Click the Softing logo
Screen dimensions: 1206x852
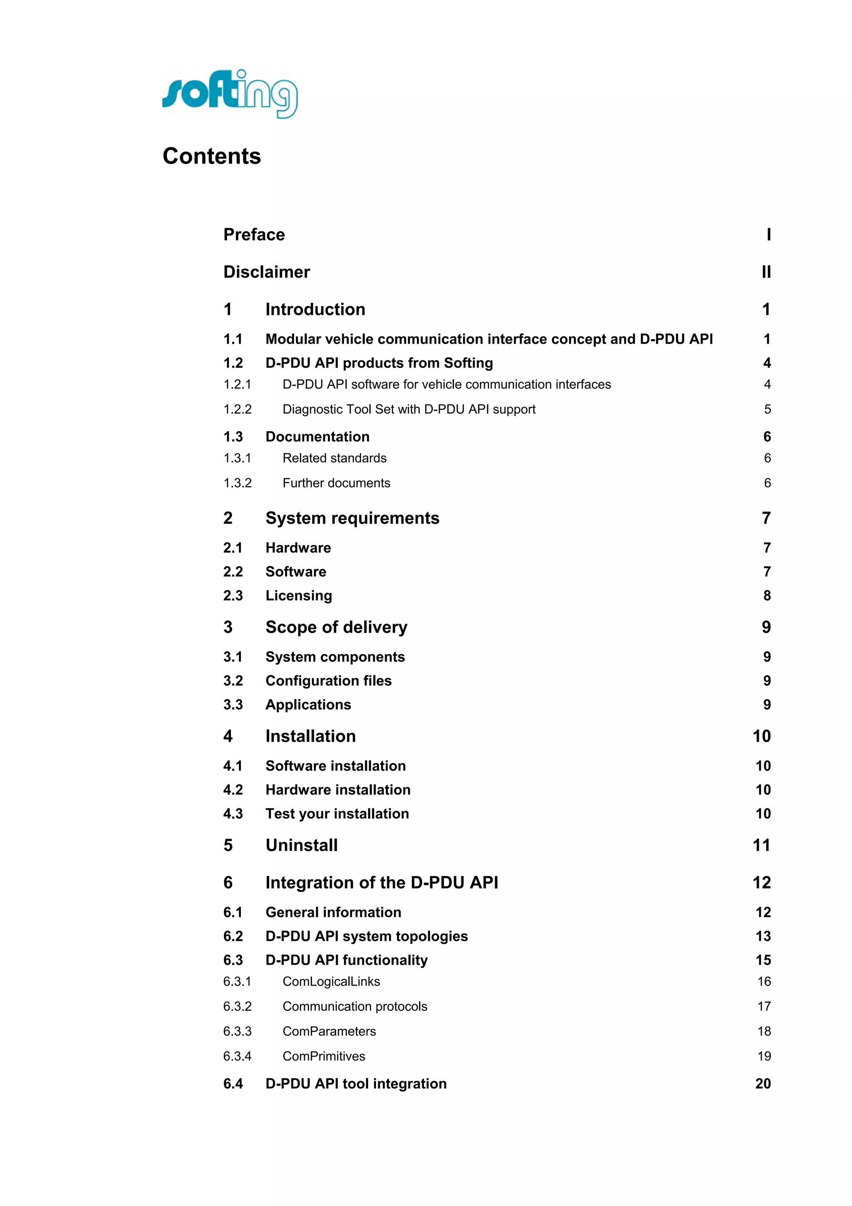tap(230, 94)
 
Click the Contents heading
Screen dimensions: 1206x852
tap(212, 156)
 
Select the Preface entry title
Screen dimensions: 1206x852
tap(254, 234)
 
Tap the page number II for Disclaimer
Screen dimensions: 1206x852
tap(766, 272)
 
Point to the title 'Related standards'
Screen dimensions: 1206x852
tap(334, 458)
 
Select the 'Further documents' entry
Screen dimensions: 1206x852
tap(337, 483)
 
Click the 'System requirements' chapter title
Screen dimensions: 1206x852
tap(352, 518)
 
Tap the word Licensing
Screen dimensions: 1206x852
tap(299, 595)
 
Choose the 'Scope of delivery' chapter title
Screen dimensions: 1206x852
tap(337, 627)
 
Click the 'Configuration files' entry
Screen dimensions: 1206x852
tap(329, 681)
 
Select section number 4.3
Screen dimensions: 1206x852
tap(233, 814)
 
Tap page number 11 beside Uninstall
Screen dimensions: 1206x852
tap(762, 845)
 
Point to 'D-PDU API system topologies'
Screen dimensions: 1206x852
tap(367, 936)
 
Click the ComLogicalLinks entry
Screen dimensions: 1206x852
tap(331, 981)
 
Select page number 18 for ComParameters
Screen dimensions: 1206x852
tap(764, 1031)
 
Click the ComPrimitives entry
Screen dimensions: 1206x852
tap(324, 1056)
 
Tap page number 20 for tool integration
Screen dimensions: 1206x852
tap(763, 1084)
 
